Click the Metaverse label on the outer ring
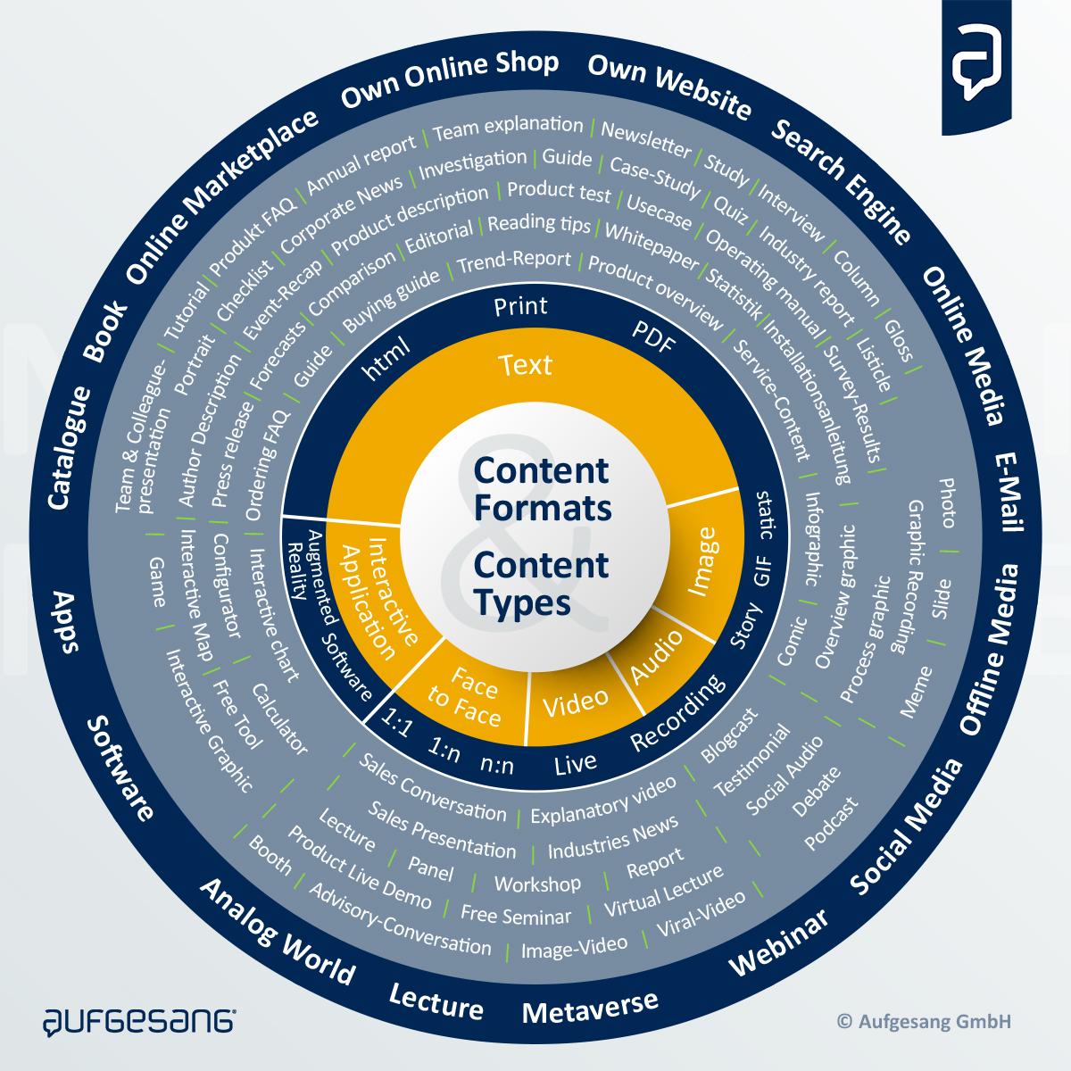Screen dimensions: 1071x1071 (x=590, y=1007)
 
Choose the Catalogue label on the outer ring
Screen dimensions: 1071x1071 (x=70, y=448)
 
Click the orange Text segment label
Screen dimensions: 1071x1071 (x=526, y=365)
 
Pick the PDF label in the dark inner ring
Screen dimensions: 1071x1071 (x=654, y=338)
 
